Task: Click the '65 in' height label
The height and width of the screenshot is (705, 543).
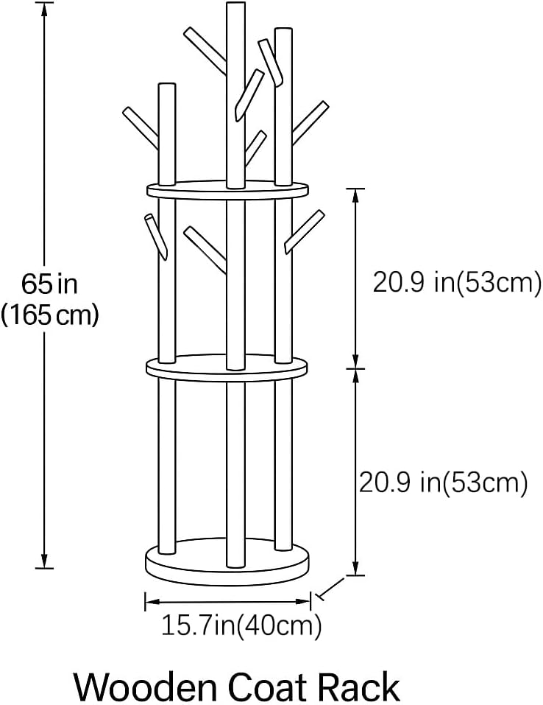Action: point(49,283)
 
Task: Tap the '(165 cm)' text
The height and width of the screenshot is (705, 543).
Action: point(49,315)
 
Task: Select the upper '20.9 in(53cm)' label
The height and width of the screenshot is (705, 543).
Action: point(457,282)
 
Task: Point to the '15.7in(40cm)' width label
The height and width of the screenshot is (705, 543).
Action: point(241,626)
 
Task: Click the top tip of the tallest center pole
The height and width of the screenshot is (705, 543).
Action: point(235,6)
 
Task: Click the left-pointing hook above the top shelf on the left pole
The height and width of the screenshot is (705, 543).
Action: point(140,127)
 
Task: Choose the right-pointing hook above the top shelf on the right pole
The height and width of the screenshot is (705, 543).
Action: point(310,122)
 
